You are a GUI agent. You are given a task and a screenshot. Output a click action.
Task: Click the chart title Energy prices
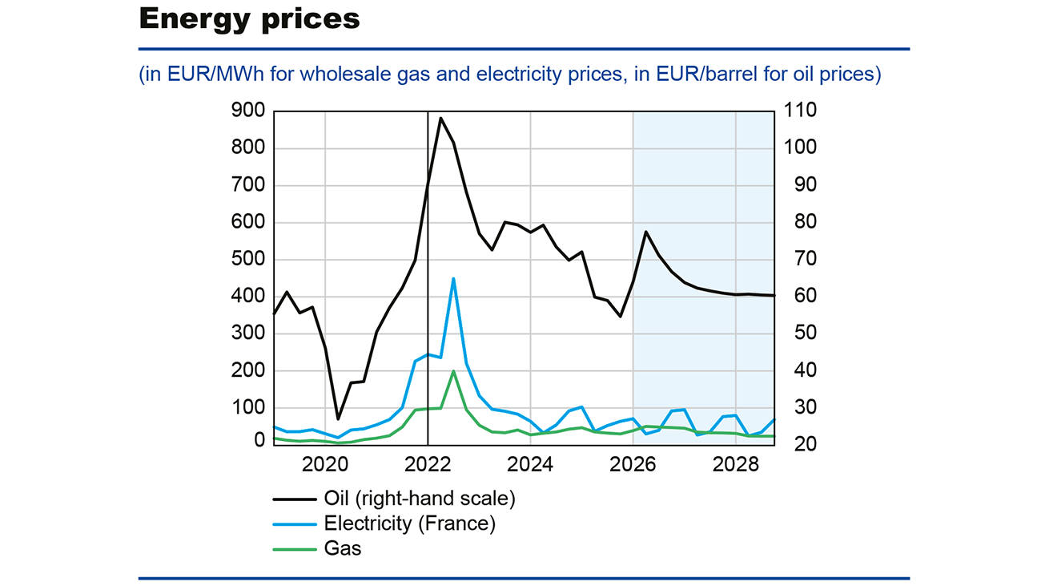(x=249, y=18)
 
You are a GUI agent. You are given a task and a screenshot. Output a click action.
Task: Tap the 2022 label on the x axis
(x=427, y=464)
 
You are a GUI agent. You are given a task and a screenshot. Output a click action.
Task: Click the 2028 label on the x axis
(x=735, y=464)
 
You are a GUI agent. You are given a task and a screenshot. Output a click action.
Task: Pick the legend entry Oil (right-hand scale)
(x=420, y=499)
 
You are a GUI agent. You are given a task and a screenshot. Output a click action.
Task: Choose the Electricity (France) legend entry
(x=409, y=524)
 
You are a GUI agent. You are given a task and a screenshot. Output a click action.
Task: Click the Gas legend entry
(x=343, y=549)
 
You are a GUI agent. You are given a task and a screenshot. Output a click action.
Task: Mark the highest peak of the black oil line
(x=440, y=118)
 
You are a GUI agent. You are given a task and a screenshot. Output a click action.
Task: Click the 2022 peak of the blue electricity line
(x=453, y=279)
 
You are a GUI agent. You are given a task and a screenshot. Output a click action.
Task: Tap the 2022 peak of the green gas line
(x=453, y=371)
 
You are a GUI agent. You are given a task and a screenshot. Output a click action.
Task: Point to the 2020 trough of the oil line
(x=338, y=418)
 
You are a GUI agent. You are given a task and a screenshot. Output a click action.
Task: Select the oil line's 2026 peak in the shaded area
(x=645, y=232)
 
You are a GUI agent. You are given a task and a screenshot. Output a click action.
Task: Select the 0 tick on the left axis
(x=259, y=440)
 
